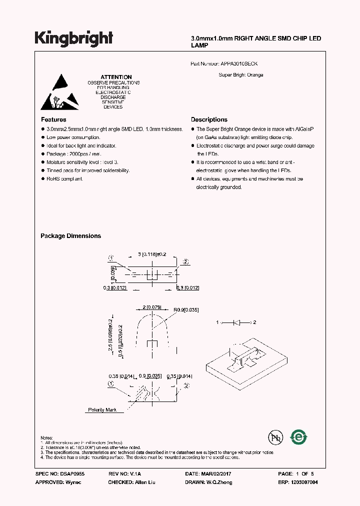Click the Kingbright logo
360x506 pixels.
74,39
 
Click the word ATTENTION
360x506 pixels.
116,77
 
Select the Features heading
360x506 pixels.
53,119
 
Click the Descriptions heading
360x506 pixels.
209,119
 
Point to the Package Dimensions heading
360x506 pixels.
70,236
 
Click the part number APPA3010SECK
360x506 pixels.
238,64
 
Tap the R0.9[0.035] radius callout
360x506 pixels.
186,310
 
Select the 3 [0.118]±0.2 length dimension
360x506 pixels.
151,254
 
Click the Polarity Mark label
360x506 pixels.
102,410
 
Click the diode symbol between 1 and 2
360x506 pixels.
237,322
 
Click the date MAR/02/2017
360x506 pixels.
220,473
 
